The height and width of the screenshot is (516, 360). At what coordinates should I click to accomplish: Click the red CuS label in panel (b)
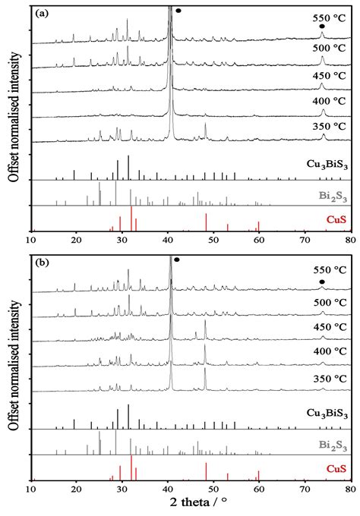point(335,470)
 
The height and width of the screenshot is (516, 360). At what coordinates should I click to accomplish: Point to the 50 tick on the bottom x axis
point(213,486)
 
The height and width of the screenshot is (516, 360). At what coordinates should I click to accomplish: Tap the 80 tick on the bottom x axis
point(349,486)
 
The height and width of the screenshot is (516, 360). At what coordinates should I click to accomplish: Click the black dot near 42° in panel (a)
point(178,11)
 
